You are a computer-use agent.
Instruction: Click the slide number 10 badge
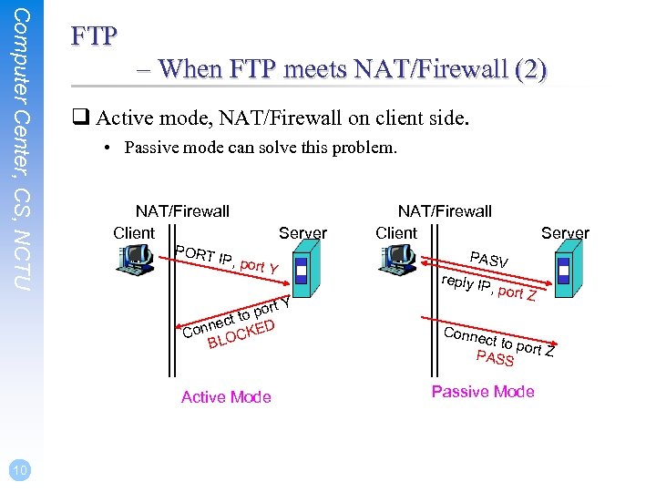click(x=20, y=469)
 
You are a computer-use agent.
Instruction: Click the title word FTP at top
click(x=95, y=36)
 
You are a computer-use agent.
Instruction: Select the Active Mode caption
click(x=226, y=396)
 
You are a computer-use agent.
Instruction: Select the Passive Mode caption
click(x=483, y=392)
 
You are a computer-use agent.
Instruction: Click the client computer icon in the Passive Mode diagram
click(x=399, y=262)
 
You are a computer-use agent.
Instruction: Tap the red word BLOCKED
click(x=242, y=333)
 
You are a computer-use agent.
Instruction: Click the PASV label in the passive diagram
click(x=488, y=260)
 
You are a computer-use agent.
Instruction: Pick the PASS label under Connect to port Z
click(x=496, y=358)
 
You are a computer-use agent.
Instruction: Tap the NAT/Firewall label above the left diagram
click(x=182, y=211)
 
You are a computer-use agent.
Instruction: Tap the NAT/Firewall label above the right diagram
click(x=445, y=211)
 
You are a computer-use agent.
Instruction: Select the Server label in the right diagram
click(x=565, y=233)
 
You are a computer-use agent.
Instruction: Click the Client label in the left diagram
click(x=134, y=233)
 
